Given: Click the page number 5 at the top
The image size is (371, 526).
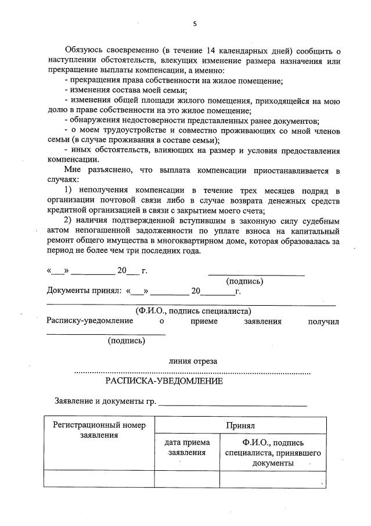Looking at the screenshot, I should click(x=194, y=24).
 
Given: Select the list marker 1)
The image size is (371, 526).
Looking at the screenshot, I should click(x=68, y=191).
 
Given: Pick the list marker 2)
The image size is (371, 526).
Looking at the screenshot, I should click(x=68, y=221).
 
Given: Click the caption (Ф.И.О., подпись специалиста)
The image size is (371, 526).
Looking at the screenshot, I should click(x=193, y=311).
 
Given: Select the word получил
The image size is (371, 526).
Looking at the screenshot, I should click(x=323, y=321).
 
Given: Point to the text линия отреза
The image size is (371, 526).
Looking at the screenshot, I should click(x=193, y=360).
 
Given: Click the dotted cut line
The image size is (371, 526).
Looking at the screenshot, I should click(x=193, y=372).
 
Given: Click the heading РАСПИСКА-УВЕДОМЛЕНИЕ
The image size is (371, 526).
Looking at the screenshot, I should click(x=164, y=381).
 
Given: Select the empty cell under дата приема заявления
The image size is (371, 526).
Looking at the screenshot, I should click(x=186, y=479).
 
